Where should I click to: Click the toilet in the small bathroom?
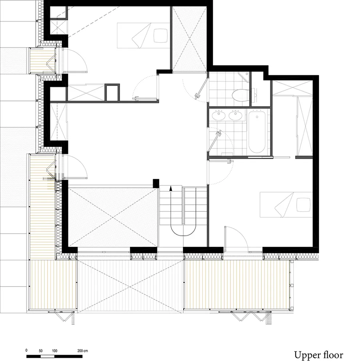(240, 95)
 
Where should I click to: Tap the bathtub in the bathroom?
(257, 132)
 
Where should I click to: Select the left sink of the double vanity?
(219, 115)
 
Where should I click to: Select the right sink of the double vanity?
(235, 115)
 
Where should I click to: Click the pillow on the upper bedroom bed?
(161, 36)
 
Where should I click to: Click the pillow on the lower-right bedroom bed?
(303, 205)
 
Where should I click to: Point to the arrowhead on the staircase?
(171, 188)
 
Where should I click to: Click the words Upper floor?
(319, 355)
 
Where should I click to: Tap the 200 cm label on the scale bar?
(82, 351)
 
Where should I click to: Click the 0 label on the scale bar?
(27, 351)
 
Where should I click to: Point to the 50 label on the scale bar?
(41, 351)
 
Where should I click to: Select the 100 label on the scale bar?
(55, 351)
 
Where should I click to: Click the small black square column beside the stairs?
(156, 183)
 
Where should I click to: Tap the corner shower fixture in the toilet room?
(244, 76)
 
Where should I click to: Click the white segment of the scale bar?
(47, 356)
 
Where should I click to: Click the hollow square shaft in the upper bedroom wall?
(112, 92)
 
